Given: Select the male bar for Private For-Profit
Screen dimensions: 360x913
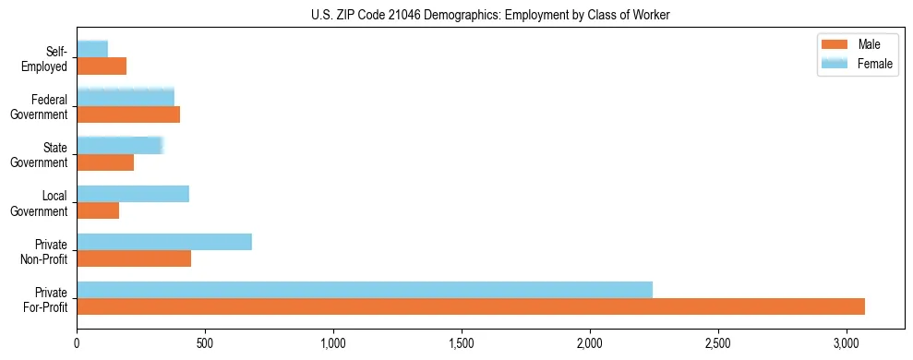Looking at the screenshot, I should pos(471,306).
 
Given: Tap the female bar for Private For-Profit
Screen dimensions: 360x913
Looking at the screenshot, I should pos(365,290).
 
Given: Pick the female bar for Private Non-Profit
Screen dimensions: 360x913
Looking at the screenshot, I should pos(164,242).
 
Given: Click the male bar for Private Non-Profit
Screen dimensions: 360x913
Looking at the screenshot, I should pos(134,258).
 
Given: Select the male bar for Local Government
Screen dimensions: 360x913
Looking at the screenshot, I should pos(98,210).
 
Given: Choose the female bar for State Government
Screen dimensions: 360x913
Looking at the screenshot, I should pos(120,146).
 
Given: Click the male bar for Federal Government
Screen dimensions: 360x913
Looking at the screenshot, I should pos(128,114).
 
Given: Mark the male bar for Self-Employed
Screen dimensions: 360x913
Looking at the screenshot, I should pos(102,66).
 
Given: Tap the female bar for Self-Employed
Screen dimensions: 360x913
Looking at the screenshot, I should pos(92,49).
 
